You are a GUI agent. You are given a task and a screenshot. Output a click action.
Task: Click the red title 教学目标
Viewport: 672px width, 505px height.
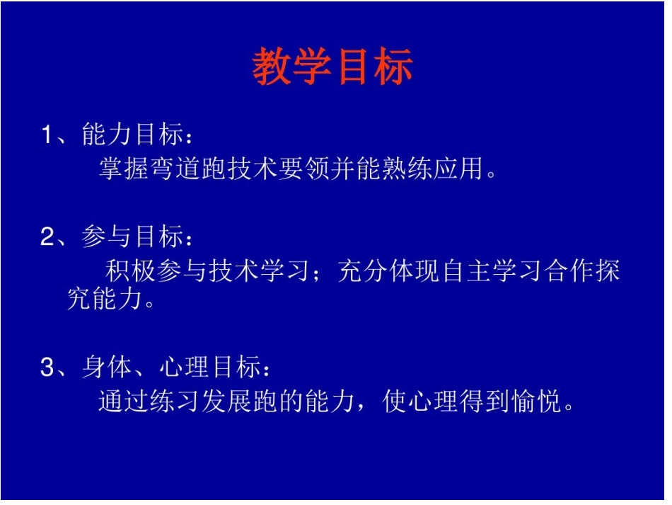(x=332, y=67)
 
